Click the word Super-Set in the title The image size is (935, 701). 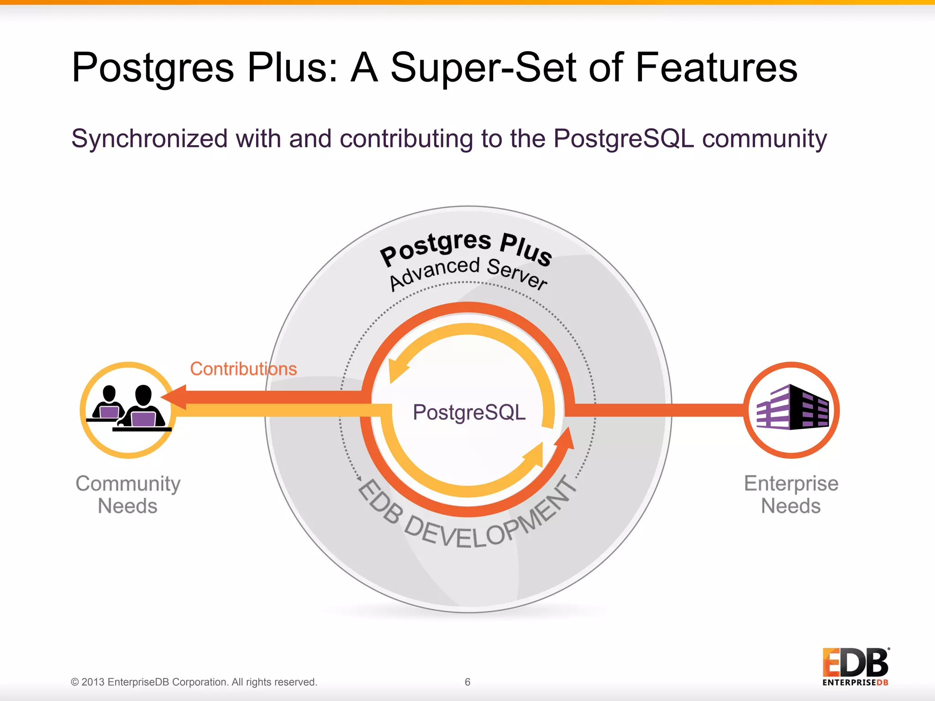[484, 68]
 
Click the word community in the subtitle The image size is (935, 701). [764, 139]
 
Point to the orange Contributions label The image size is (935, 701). [243, 369]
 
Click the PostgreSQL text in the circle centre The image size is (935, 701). [469, 412]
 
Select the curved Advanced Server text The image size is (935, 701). [468, 273]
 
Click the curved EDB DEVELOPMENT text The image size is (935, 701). [466, 525]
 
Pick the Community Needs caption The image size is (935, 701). [128, 495]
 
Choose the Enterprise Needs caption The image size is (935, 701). [791, 495]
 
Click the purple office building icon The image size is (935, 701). [792, 408]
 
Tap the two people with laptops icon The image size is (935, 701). [128, 408]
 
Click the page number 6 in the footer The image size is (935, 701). [467, 682]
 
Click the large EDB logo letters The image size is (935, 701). [855, 663]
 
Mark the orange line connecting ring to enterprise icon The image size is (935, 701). [657, 410]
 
